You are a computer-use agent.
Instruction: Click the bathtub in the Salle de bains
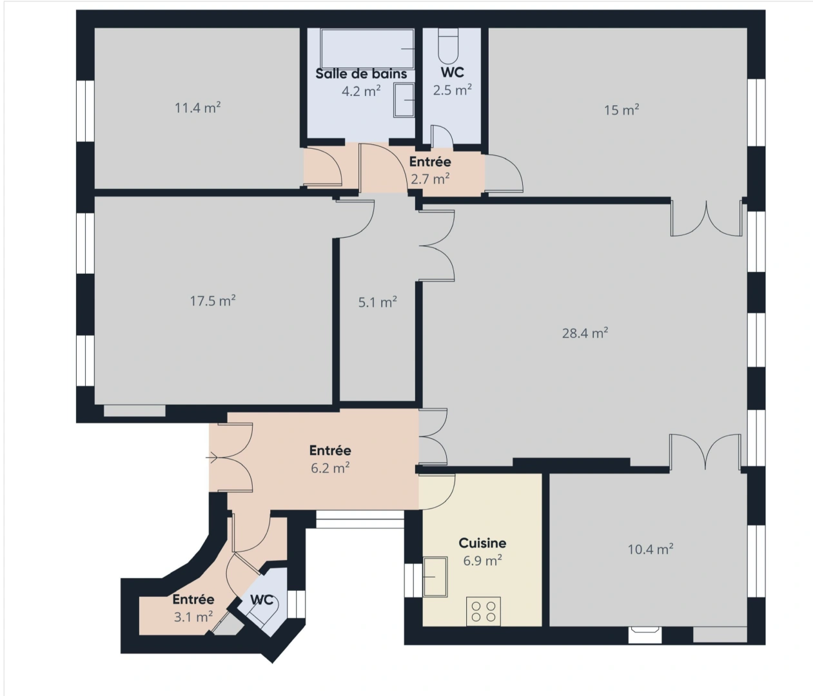[x=367, y=48]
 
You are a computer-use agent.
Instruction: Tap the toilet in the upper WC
[x=448, y=46]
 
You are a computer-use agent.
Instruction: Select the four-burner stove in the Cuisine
[x=484, y=611]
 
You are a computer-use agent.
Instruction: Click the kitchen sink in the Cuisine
[x=435, y=577]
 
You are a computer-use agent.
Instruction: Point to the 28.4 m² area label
[x=585, y=333]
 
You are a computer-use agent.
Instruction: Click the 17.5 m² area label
[x=213, y=301]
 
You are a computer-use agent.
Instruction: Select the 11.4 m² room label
[x=197, y=108]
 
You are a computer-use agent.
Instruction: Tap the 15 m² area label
[x=622, y=110]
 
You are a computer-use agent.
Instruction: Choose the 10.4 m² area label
[x=651, y=549]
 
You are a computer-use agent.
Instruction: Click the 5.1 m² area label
[x=378, y=302]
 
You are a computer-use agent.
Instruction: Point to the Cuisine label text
[x=482, y=543]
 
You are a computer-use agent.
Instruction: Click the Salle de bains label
[x=361, y=74]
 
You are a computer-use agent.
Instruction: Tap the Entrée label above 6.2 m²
[x=330, y=450]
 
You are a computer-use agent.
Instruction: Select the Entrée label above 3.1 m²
[x=193, y=599]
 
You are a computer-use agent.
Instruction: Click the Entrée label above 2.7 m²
[x=430, y=162]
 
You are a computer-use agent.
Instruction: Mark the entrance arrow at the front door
[x=211, y=458]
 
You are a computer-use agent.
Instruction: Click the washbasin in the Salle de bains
[x=404, y=101]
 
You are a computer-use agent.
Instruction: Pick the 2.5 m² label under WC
[x=453, y=90]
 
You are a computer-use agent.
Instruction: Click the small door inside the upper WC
[x=441, y=136]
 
